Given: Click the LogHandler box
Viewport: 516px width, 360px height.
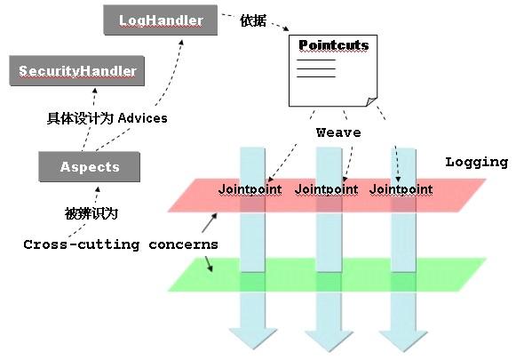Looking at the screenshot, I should (161, 20).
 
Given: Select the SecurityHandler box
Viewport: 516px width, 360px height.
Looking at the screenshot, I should (77, 70).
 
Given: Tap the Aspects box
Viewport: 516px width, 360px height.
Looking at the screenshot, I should (90, 166).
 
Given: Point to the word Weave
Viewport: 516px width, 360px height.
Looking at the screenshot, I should (338, 132).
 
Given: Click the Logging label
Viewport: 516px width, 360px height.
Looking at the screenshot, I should (476, 162).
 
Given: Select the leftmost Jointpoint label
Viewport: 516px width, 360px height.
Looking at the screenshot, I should (250, 189).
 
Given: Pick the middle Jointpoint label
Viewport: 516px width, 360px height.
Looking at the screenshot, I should (326, 189).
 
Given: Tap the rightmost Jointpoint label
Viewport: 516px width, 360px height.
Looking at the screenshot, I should (401, 189).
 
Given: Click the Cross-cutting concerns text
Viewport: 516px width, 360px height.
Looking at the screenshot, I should (121, 244).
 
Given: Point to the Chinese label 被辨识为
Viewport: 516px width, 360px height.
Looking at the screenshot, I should (91, 213).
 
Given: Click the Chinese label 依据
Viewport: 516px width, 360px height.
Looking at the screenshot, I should (254, 21).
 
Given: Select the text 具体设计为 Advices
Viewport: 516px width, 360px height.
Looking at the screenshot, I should (107, 117).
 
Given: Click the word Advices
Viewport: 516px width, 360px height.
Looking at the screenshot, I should (143, 117).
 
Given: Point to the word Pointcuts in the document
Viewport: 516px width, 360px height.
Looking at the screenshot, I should (333, 45).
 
